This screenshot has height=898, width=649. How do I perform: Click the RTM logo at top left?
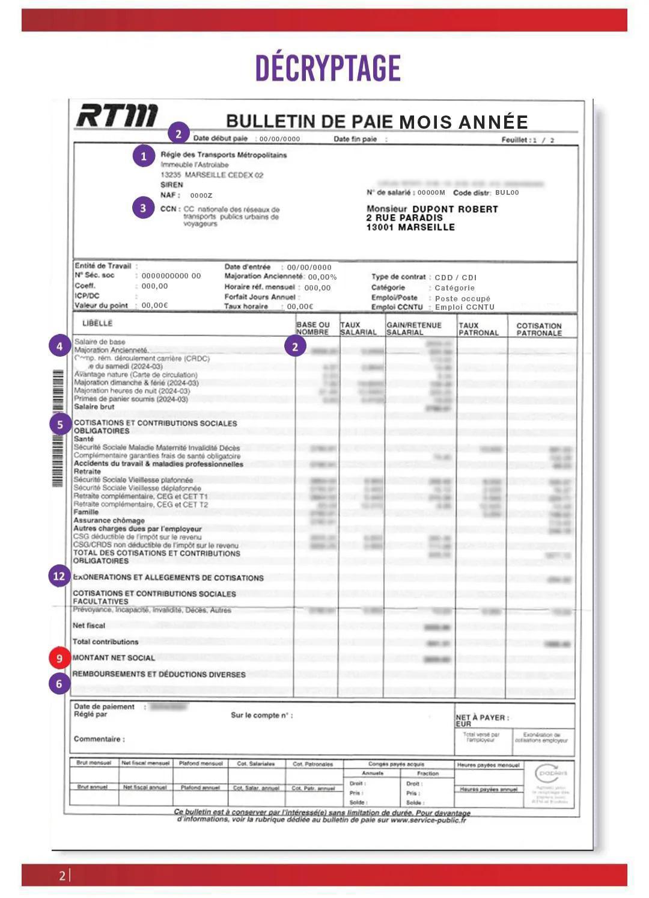tap(117, 115)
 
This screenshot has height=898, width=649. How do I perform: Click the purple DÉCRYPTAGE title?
tap(328, 68)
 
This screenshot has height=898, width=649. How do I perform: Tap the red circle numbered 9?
tap(59, 658)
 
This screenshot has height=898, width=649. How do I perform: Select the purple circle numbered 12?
tap(59, 576)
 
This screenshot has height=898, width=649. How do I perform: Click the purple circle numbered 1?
tap(143, 156)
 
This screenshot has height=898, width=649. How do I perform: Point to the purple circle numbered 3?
tap(143, 208)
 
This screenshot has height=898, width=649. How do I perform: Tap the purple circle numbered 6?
tap(59, 683)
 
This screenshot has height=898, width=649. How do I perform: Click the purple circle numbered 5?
tap(59, 425)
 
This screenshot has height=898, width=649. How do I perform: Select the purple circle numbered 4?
tap(59, 346)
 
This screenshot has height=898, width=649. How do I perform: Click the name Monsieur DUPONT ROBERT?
tap(432, 209)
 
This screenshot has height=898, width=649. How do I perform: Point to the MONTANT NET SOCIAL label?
tap(114, 658)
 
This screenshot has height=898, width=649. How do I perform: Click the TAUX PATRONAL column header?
tap(478, 329)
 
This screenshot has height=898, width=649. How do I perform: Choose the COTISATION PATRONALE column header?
tap(539, 329)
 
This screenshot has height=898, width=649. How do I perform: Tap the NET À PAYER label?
tap(482, 718)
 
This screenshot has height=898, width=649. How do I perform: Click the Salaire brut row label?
tap(94, 407)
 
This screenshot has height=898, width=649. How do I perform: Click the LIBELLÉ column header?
tap(97, 324)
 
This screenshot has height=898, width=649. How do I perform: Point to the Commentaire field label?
tap(99, 739)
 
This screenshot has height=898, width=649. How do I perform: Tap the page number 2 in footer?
tap(62, 876)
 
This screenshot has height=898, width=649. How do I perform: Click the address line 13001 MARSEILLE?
tap(410, 227)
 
